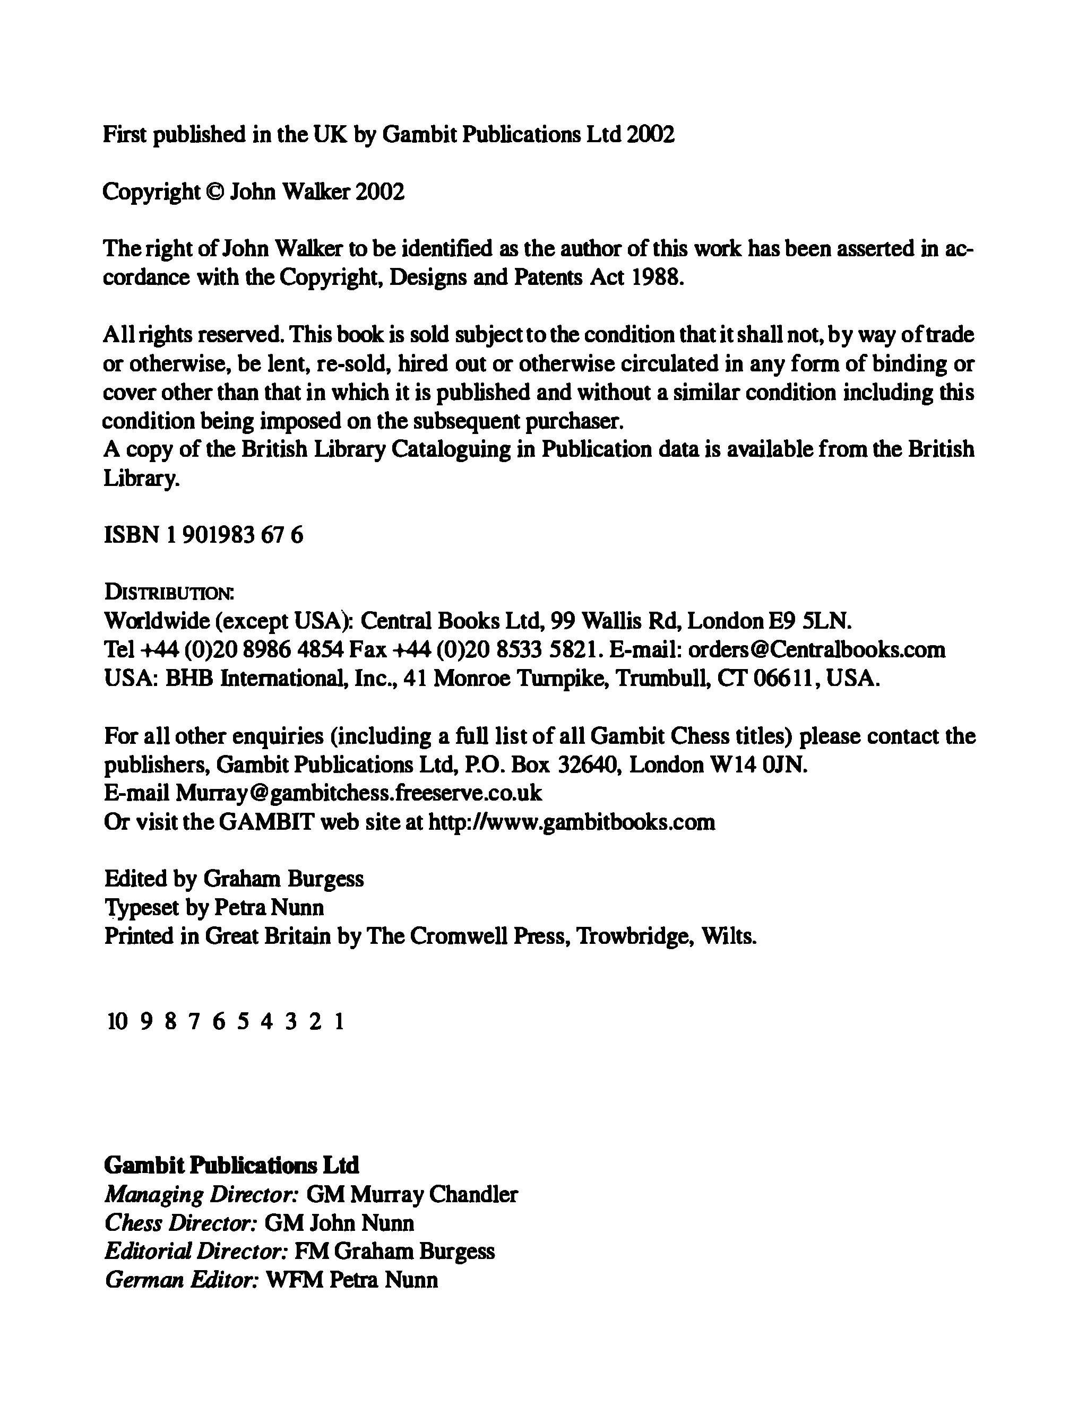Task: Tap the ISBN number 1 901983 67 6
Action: (234, 534)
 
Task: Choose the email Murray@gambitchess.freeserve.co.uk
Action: (359, 793)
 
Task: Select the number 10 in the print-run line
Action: (117, 1020)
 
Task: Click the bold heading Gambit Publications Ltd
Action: (231, 1165)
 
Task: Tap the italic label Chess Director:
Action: (180, 1222)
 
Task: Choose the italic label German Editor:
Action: (182, 1280)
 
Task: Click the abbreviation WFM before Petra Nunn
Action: (293, 1280)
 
